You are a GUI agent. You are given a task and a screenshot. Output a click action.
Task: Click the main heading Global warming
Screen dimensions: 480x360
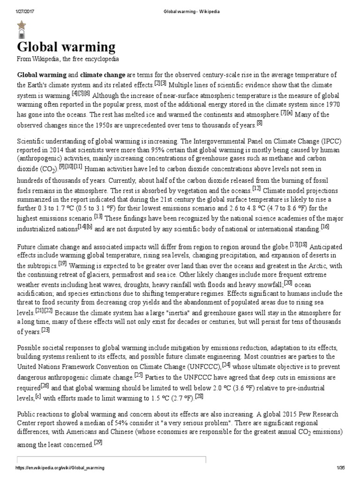[66, 47]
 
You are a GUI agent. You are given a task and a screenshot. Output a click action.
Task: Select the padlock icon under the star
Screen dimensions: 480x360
[22, 35]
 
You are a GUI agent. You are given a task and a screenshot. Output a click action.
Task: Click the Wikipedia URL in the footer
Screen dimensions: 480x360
[60, 469]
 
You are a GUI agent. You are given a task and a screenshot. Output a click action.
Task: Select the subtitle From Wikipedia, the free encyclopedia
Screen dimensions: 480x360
[68, 60]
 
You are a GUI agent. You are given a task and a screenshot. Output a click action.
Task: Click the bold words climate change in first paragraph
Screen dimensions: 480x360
[103, 75]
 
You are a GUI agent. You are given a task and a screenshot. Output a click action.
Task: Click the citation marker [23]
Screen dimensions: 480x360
[45, 317]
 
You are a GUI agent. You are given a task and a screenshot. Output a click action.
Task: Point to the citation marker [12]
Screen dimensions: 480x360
[256, 188]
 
